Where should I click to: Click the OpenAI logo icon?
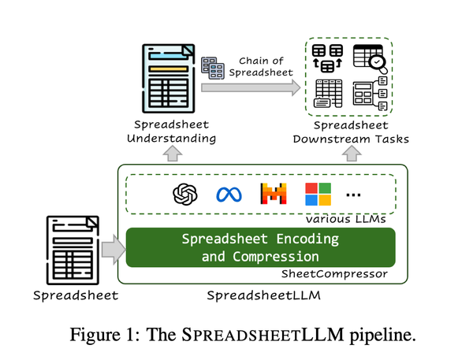point(186,194)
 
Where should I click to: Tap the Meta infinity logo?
point(228,195)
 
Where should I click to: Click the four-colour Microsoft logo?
point(318,194)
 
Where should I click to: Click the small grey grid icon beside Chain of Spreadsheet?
point(214,68)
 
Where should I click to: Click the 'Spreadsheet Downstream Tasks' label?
point(350,132)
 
